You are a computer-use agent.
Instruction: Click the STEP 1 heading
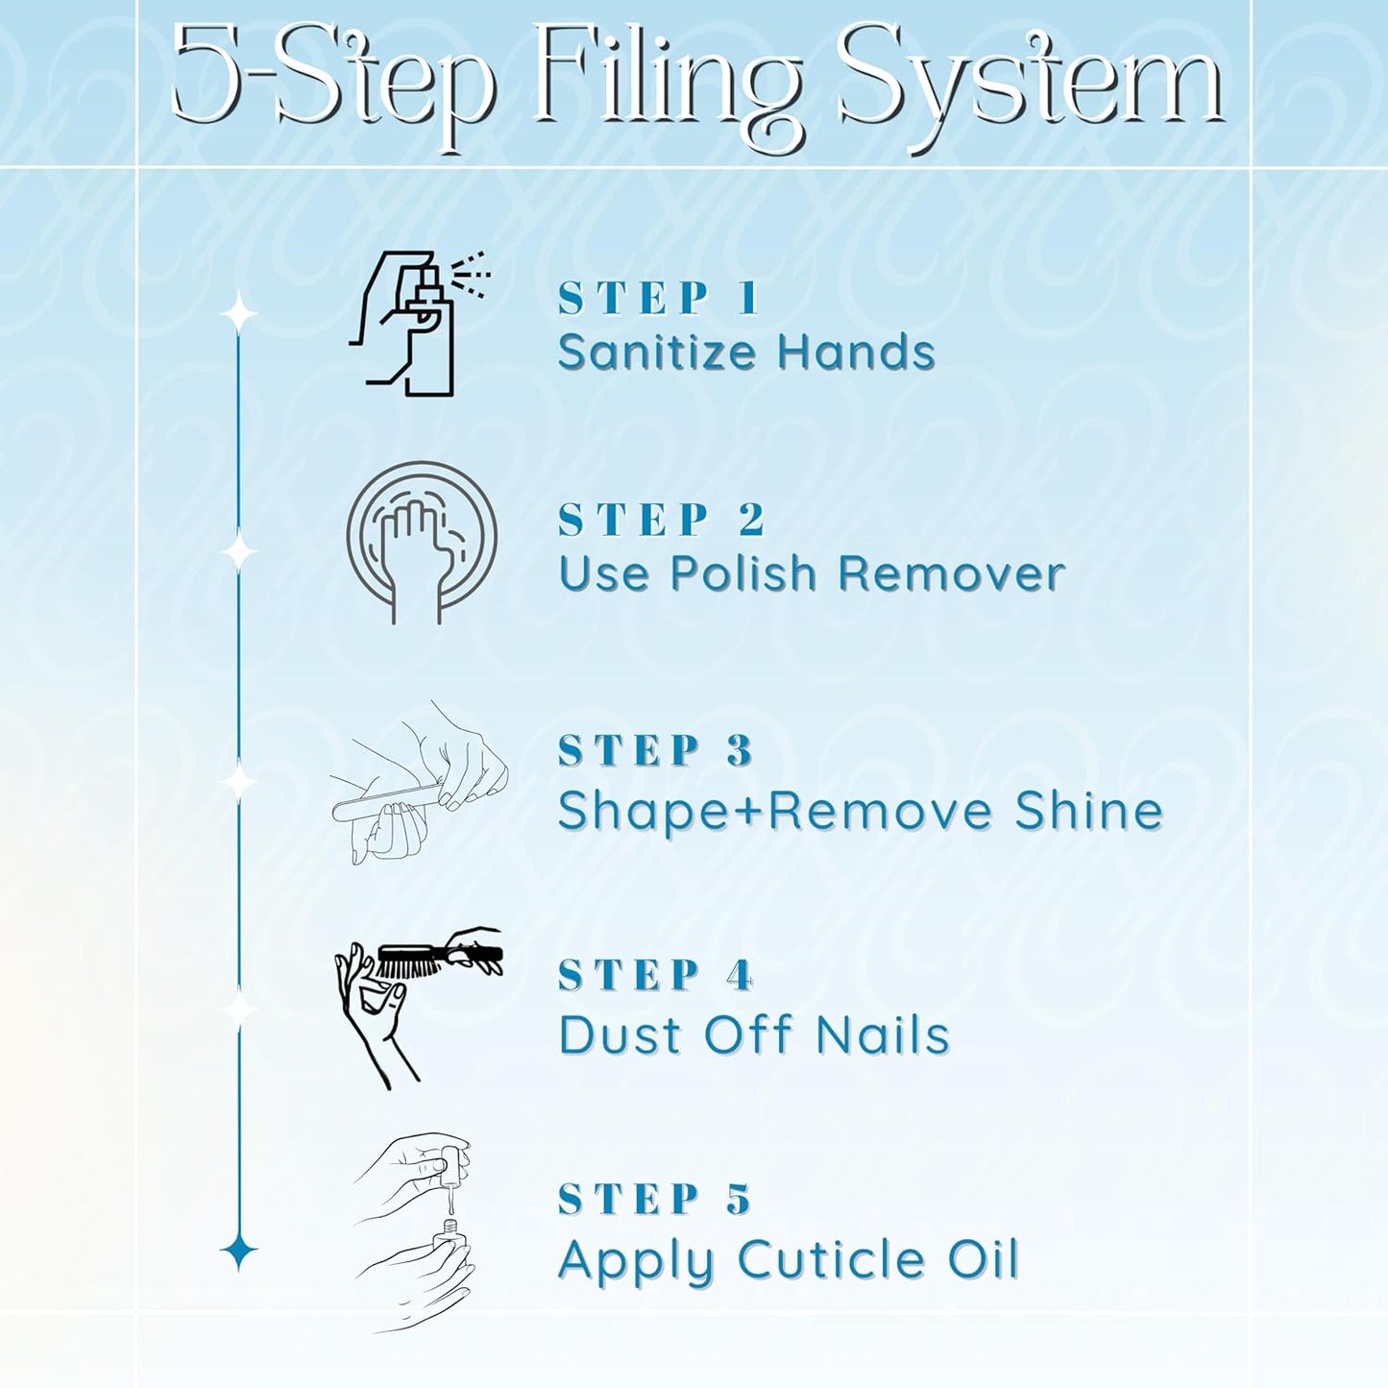click(x=658, y=298)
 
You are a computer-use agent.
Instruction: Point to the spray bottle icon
click(x=419, y=323)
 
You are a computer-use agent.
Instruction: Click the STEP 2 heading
click(x=661, y=520)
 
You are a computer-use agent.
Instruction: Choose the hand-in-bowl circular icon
click(x=422, y=543)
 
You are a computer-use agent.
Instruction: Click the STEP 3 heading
click(x=655, y=750)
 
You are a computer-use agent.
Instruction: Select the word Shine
click(x=1088, y=810)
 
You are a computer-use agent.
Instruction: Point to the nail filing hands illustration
click(x=419, y=782)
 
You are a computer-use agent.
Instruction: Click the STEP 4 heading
click(x=655, y=975)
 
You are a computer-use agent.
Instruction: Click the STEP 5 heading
click(x=655, y=1200)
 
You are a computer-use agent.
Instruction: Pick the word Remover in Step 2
click(x=952, y=573)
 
